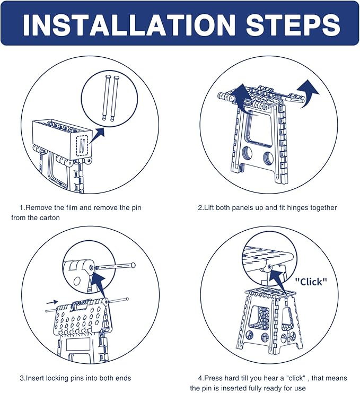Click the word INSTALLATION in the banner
coord(129,24)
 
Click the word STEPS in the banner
coord(293,24)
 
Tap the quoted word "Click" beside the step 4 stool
coord(311,282)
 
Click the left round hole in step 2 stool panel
coord(248,153)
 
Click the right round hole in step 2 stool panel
coord(269,158)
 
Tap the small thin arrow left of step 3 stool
coord(52,302)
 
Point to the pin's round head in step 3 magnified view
coord(133,265)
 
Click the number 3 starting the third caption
coord(22,378)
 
